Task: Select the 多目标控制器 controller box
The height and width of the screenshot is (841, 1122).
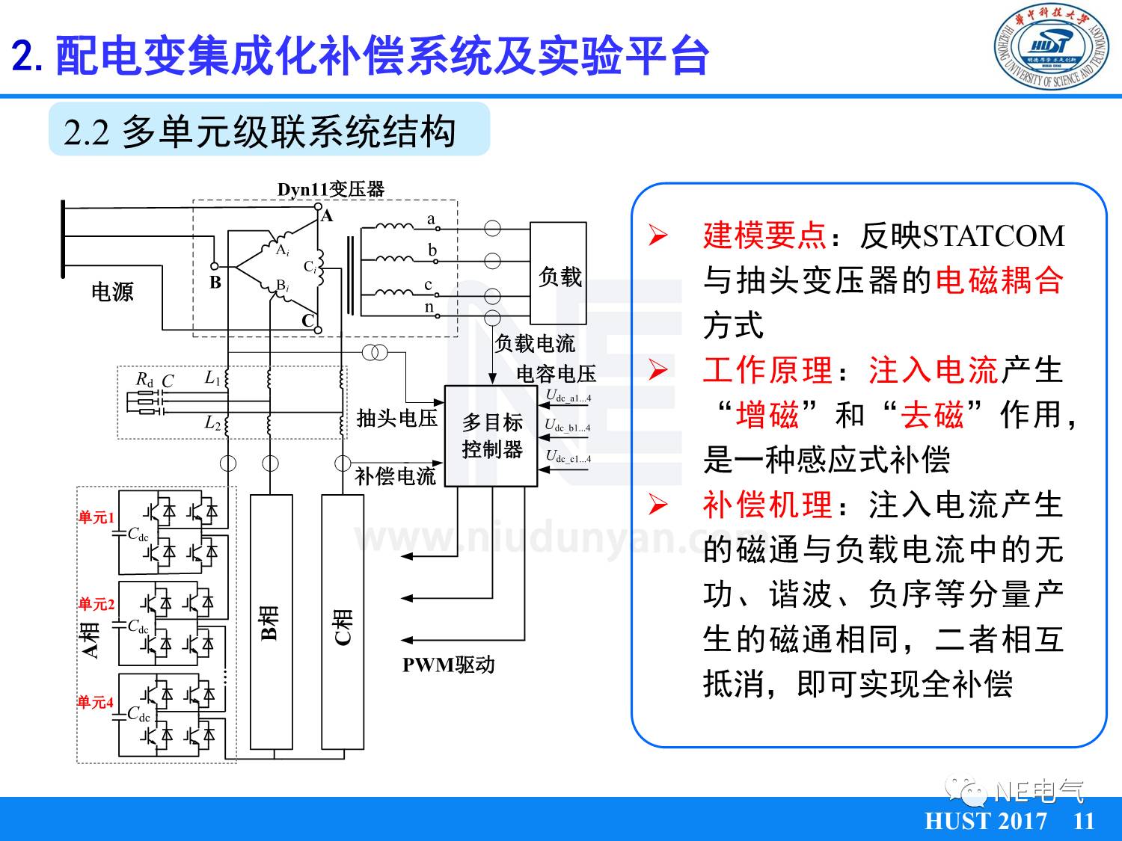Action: click(491, 436)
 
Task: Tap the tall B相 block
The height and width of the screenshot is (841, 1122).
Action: click(271, 621)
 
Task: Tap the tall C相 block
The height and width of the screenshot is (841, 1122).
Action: click(343, 621)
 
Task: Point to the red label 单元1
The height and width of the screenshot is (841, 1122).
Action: click(96, 517)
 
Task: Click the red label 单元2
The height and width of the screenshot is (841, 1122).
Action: click(96, 604)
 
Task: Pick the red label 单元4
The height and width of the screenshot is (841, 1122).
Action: click(96, 702)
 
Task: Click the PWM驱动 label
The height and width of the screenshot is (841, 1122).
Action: click(448, 665)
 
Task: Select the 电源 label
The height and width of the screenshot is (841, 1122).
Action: click(112, 292)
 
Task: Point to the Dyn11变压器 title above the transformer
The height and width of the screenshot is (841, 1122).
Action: click(331, 189)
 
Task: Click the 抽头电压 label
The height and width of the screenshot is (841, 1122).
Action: click(396, 418)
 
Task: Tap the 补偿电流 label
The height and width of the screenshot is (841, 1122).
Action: click(395, 476)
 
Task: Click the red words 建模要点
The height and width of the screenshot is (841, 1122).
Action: click(764, 235)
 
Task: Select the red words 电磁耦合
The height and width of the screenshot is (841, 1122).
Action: click(999, 280)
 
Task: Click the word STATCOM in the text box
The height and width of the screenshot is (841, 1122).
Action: click(993, 235)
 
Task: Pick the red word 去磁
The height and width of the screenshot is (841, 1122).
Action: click(932, 415)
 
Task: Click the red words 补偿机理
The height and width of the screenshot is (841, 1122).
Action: click(767, 505)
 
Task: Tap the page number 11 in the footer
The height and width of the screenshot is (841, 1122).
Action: click(1083, 821)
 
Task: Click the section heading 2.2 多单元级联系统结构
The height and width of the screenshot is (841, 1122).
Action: click(260, 131)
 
